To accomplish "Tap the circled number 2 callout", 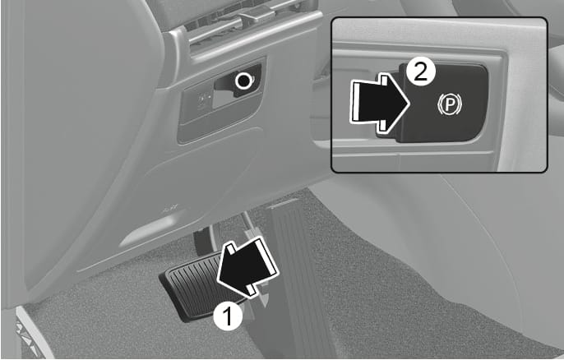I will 418,72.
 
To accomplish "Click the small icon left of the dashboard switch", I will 202,99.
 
